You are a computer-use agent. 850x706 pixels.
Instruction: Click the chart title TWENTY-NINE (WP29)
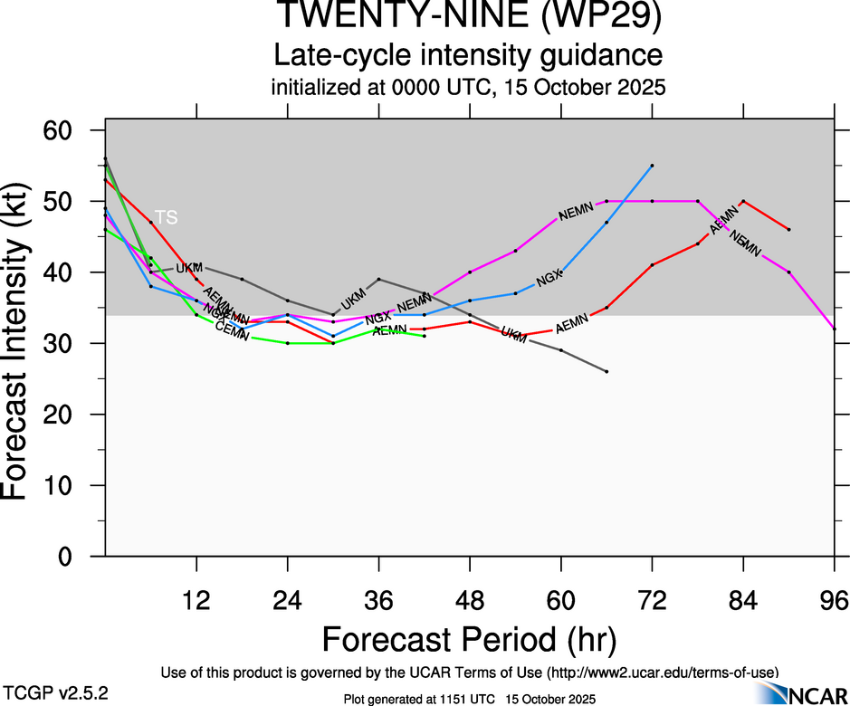(x=469, y=17)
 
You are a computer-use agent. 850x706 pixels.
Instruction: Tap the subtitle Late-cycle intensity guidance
(x=469, y=55)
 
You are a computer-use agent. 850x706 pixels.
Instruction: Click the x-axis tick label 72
(x=652, y=601)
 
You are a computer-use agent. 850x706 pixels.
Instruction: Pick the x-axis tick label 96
(x=834, y=601)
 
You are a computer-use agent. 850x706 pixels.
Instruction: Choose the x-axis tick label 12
(x=196, y=601)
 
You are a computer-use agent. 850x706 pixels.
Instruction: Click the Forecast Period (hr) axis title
(x=469, y=639)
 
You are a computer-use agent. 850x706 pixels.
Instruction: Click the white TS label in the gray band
(x=166, y=217)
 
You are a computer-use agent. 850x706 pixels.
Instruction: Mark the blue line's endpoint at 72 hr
(x=652, y=166)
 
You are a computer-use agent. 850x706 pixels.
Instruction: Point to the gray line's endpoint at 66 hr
(x=606, y=371)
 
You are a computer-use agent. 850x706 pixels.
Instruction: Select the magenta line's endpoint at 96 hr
(x=834, y=329)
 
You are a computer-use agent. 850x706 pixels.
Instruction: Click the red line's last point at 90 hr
(x=788, y=230)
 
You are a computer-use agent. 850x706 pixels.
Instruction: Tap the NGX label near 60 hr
(x=549, y=280)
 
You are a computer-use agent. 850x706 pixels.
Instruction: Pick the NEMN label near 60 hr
(x=576, y=214)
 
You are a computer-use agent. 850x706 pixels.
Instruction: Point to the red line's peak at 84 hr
(x=743, y=201)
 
